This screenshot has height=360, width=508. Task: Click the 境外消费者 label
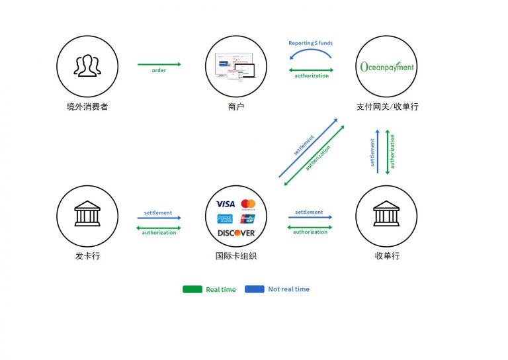coord(87,107)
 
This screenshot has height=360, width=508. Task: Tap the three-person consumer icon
coord(87,66)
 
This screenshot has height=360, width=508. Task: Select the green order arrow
coord(159,64)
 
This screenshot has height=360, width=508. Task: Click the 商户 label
coord(235,107)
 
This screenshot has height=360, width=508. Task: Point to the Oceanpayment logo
coord(386,67)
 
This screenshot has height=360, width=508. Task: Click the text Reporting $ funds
coord(310,43)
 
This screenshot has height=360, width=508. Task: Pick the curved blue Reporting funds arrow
coord(310,53)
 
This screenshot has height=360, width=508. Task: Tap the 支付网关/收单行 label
coord(387,107)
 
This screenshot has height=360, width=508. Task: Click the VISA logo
coord(225,204)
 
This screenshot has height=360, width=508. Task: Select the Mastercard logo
coord(248,204)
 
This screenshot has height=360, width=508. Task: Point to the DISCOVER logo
coord(236,233)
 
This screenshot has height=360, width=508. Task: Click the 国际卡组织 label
coord(235,255)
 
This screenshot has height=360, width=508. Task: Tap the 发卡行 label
coord(87,255)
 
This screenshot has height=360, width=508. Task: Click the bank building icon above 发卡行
coord(87,214)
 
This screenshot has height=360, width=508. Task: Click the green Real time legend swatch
coord(192,289)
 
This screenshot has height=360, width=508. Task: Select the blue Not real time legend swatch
coord(254,289)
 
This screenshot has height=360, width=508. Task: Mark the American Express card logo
coord(224,218)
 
